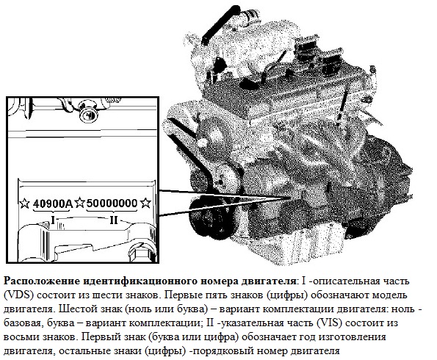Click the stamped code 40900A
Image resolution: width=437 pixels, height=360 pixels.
pos(53,201)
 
